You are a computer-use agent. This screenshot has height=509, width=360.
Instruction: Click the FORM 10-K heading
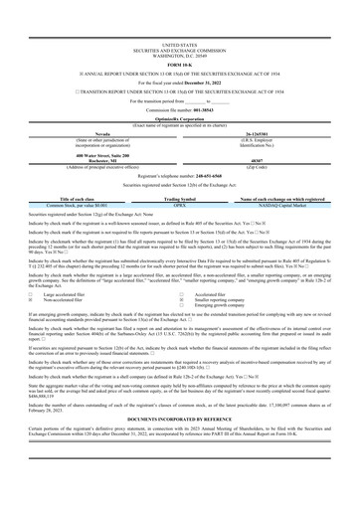[179, 37]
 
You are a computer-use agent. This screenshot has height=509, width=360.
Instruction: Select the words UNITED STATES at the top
[179, 17]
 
